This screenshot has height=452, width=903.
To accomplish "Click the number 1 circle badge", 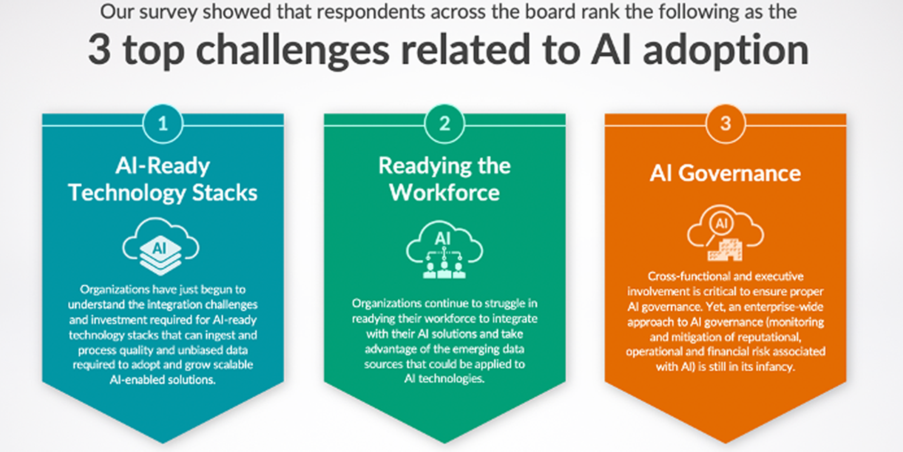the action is point(163,124).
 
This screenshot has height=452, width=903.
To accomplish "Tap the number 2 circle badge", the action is point(444,124).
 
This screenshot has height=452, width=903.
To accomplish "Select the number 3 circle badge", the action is point(725,124).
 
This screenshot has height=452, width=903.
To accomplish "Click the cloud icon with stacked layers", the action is point(161,246).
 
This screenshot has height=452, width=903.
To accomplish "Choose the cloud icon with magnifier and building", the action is point(725,233).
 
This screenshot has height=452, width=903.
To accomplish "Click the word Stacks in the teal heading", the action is point(225,193).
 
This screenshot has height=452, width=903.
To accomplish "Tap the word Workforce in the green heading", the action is point(444,193).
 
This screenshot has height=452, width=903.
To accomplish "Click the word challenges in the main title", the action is point(292,51).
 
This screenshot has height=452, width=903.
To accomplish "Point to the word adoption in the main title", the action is point(725,51).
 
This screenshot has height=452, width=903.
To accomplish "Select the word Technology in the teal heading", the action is point(127,193).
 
